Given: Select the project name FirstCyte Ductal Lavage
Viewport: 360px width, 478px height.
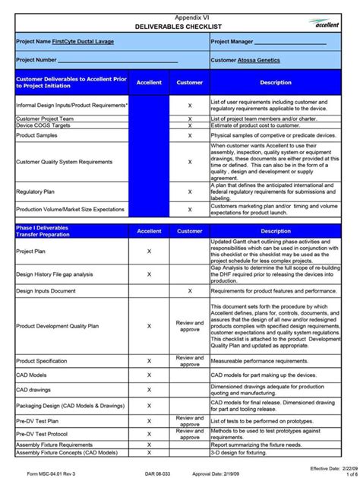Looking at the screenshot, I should click(84, 41).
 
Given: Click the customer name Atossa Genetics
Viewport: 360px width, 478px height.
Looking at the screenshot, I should click(257, 59).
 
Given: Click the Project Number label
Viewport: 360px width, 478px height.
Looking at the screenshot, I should click(36, 59).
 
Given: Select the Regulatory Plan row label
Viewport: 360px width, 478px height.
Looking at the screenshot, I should click(36, 192).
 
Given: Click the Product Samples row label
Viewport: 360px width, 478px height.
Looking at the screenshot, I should click(37, 135).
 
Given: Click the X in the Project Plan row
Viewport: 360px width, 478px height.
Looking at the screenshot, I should click(149, 251).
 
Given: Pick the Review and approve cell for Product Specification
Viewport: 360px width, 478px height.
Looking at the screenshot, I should click(190, 360).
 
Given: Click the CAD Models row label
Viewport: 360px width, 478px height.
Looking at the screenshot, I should click(31, 375).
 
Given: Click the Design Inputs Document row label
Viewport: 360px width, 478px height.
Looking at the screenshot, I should click(46, 290).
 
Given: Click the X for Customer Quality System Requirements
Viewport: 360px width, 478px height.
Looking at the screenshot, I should click(190, 161).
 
